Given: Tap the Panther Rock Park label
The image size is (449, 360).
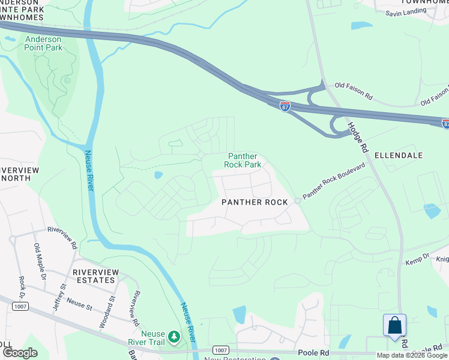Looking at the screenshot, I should [243, 160].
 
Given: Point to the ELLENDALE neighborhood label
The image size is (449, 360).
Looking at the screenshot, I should [399, 155].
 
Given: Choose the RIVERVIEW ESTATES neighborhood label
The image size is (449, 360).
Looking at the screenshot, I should [94, 276].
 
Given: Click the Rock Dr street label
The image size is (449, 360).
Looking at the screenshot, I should [22, 290].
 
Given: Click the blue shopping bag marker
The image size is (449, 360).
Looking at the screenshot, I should [394, 326].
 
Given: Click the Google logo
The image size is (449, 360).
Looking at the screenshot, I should [20, 352].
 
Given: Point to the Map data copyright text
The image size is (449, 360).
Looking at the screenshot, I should [412, 355].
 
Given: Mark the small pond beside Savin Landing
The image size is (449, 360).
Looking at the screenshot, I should [362, 26].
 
